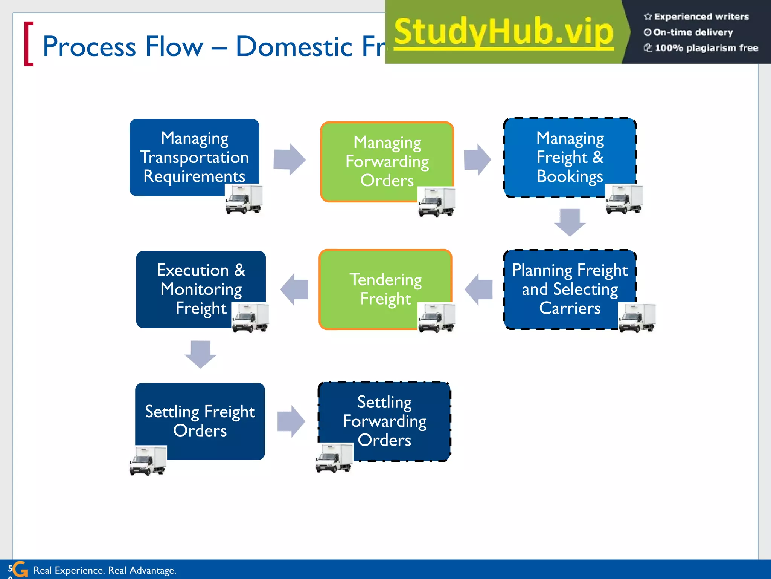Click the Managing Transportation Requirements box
pos(194,157)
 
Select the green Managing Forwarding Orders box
pos(387,161)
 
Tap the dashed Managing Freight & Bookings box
pos(570,157)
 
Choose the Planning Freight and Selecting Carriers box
pos(570,289)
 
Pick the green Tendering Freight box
pos(385,289)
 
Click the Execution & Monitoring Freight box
pos(201,289)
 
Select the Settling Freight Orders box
pos(200,421)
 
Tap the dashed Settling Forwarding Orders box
pos(384,421)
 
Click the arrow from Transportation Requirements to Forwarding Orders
pos(289,159)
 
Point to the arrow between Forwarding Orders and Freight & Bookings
pos(477,159)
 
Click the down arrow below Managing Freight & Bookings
pos(570,222)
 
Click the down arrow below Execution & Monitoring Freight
pos(200,354)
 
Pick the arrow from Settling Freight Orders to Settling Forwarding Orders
pos(291,421)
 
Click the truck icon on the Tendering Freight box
pos(436,317)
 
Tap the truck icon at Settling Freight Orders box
pos(148,461)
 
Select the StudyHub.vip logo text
pos(503,32)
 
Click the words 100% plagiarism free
pos(706,48)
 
